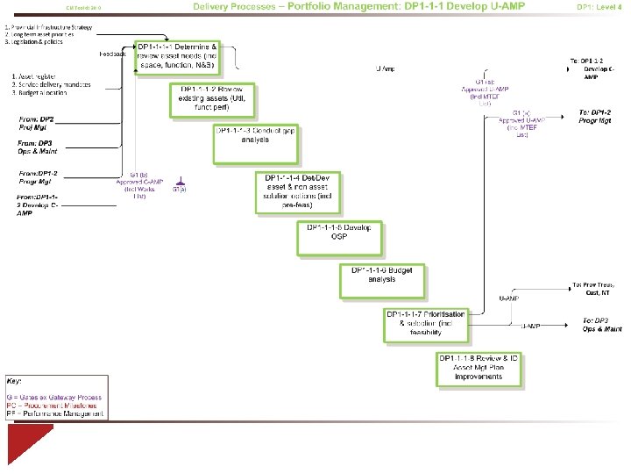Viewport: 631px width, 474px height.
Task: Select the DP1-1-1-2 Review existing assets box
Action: (213, 99)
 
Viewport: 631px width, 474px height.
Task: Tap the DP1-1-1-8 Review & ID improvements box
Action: (480, 370)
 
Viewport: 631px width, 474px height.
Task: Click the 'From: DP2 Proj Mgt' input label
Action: (37, 122)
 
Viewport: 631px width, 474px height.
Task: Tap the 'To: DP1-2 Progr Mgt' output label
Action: (595, 117)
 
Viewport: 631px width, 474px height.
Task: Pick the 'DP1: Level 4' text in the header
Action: (599, 7)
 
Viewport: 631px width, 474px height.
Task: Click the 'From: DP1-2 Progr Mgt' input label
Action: (38, 177)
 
